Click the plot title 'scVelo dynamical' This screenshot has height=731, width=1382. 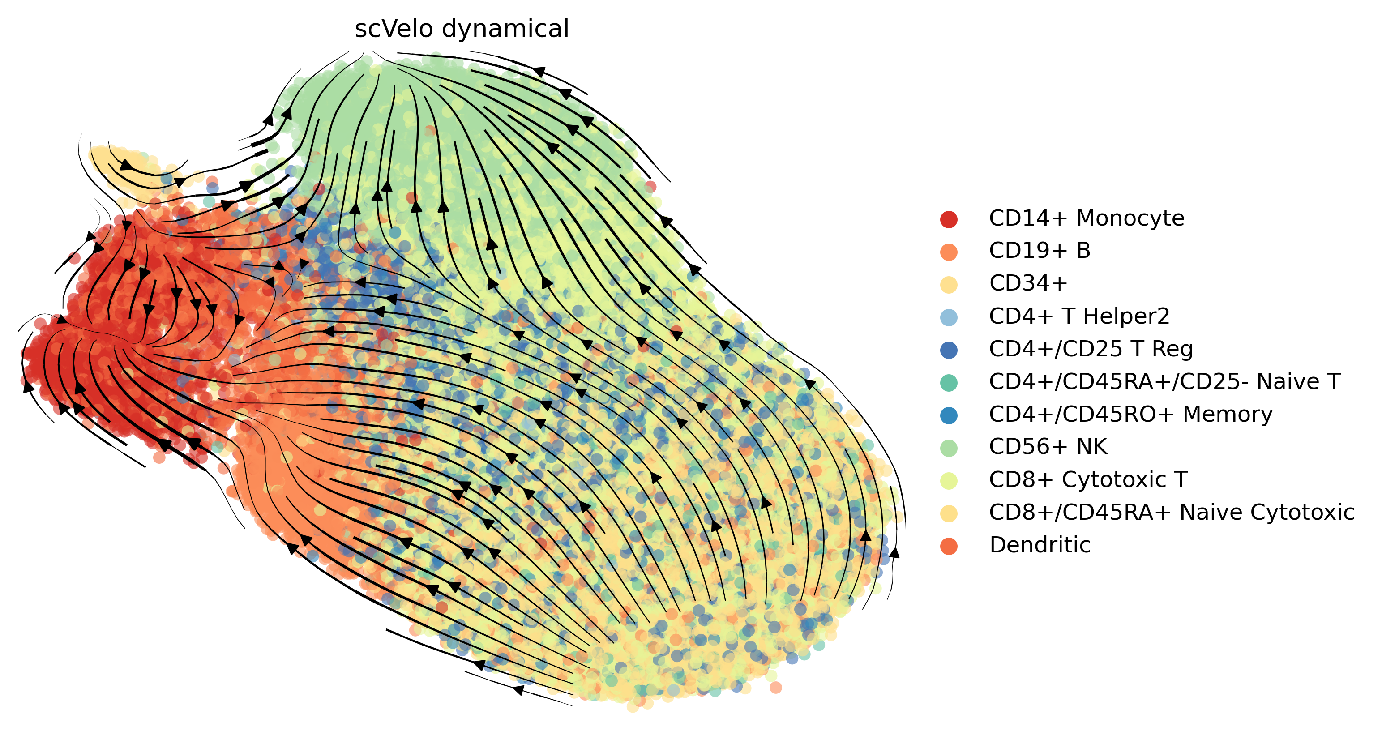click(462, 28)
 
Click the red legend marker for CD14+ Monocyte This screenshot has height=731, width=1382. click(949, 219)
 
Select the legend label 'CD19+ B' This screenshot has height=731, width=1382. click(1039, 251)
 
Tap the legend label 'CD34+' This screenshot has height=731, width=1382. click(1028, 284)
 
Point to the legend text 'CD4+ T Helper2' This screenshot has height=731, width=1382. click(1079, 316)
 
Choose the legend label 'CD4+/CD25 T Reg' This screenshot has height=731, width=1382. click(1091, 349)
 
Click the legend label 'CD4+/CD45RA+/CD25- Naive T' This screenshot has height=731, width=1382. click(1164, 382)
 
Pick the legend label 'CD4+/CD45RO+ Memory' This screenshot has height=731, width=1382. click(1130, 415)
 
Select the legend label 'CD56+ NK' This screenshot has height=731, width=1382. click(1048, 447)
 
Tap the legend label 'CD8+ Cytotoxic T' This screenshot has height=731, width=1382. click(1088, 479)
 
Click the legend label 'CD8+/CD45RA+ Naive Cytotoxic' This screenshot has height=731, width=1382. click(1172, 512)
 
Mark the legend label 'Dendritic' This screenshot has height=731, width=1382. click(1040, 545)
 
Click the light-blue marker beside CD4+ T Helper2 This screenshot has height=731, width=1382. click(949, 317)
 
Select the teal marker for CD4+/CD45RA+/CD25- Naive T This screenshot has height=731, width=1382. click(949, 382)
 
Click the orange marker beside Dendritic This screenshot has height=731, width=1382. click(949, 545)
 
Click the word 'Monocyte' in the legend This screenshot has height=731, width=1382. click(1130, 219)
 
